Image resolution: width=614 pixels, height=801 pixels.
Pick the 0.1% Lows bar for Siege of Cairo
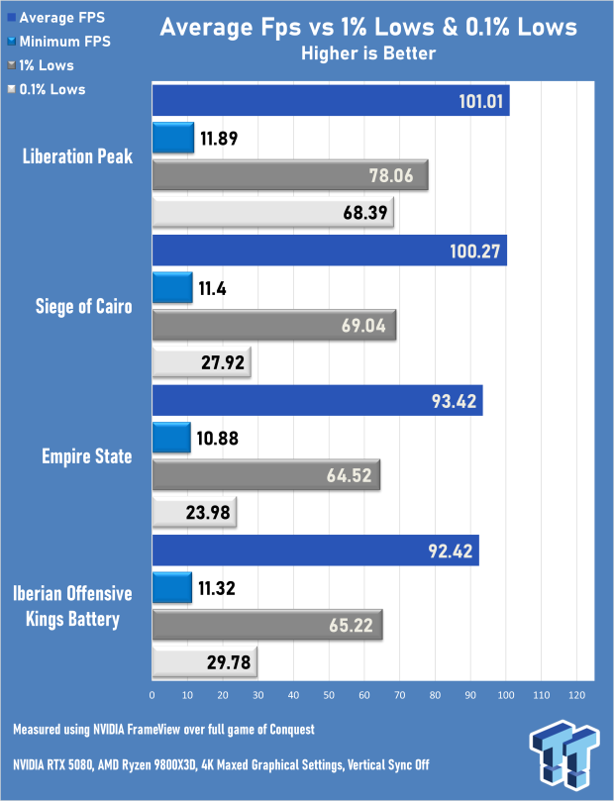[x=201, y=362]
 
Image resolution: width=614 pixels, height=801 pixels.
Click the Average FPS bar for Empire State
[x=316, y=400]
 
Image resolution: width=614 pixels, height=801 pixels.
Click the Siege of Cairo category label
[x=84, y=305]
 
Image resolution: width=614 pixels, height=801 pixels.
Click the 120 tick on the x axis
[x=576, y=693]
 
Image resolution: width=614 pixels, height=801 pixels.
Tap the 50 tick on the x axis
[x=329, y=693]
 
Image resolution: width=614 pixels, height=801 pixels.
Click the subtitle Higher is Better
[x=367, y=53]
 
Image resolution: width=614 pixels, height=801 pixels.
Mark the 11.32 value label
[x=218, y=587]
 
